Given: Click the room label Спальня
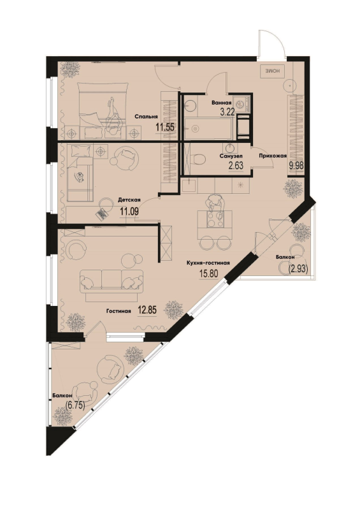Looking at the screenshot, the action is pyautogui.click(x=146, y=117).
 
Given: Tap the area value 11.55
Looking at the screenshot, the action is pyautogui.click(x=164, y=127).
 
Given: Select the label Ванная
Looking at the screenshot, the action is pyautogui.click(x=222, y=103).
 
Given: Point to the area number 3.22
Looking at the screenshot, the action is pyautogui.click(x=227, y=113).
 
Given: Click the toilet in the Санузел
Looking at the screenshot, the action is pyautogui.click(x=198, y=159).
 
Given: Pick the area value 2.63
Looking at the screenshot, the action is pyautogui.click(x=236, y=166).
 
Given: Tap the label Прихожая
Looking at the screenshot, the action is pyautogui.click(x=273, y=156).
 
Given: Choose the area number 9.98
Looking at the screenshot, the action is pyautogui.click(x=296, y=166).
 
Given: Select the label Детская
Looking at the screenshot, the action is pyautogui.click(x=129, y=200).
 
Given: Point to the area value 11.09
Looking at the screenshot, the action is pyautogui.click(x=129, y=212).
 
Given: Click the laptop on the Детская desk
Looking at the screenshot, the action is pyautogui.click(x=101, y=214).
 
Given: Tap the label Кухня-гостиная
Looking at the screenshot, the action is pyautogui.click(x=208, y=263).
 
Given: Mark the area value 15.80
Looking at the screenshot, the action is pyautogui.click(x=208, y=273).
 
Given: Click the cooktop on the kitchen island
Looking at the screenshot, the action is pyautogui.click(x=215, y=219).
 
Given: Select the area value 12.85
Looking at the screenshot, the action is pyautogui.click(x=147, y=310).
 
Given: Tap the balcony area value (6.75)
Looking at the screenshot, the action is pyautogui.click(x=75, y=405).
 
